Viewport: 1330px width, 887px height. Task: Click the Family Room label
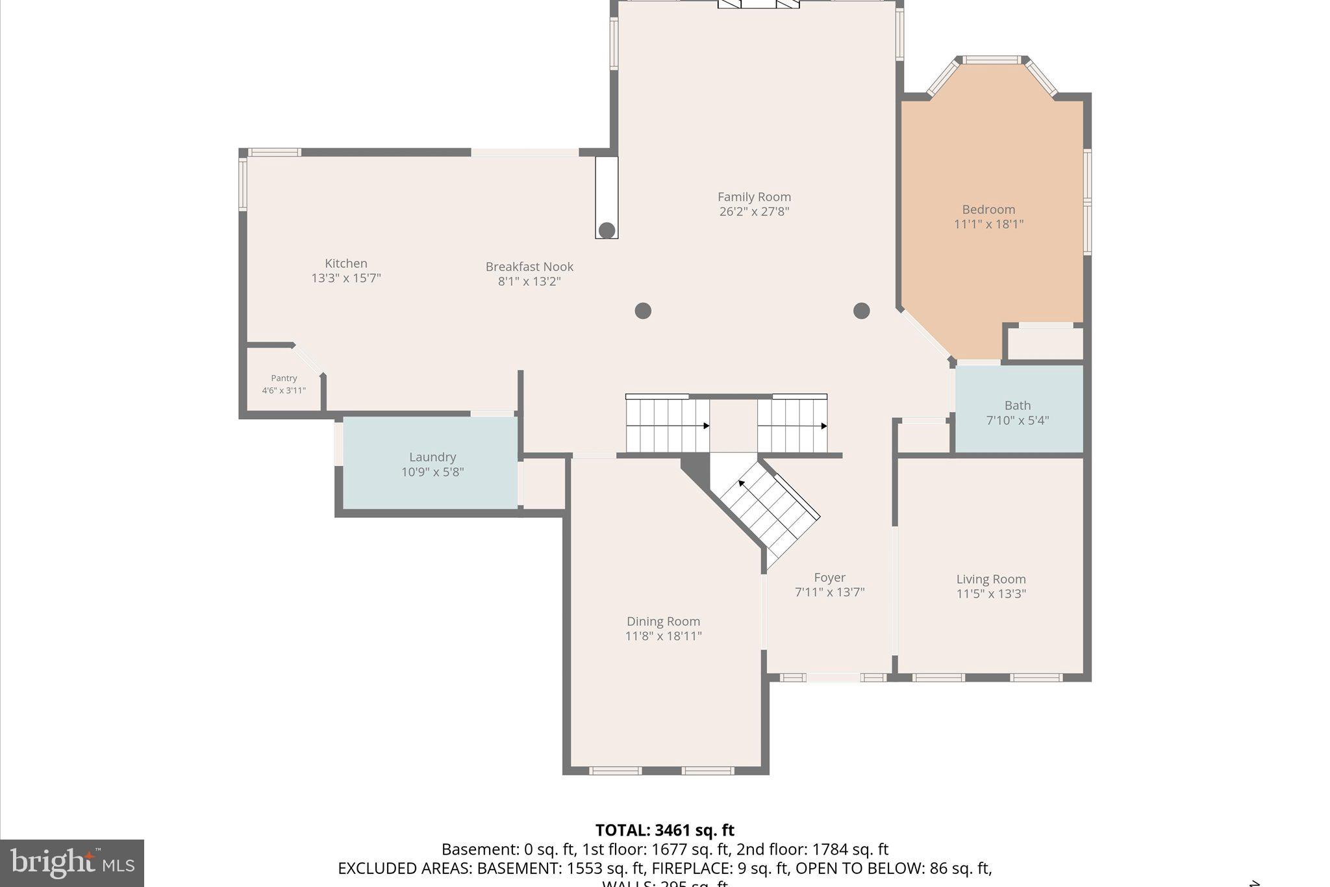(x=754, y=197)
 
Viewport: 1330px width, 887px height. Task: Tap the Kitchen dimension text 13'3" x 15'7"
(x=345, y=278)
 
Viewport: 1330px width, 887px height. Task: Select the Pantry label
(x=284, y=378)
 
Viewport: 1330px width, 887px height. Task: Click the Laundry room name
(x=433, y=457)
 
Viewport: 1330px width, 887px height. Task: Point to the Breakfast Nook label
(x=529, y=266)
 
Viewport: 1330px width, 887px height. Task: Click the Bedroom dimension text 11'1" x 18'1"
(x=988, y=224)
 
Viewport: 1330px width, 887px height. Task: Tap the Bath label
(x=1017, y=405)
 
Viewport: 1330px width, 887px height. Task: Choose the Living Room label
(x=991, y=579)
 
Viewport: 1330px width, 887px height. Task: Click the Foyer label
(x=829, y=577)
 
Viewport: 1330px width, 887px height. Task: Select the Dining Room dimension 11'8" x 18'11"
(x=663, y=636)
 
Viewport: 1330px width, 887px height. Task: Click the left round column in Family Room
(x=643, y=311)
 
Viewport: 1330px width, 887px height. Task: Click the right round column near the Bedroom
(x=861, y=311)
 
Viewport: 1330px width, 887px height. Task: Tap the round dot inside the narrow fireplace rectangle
(x=607, y=230)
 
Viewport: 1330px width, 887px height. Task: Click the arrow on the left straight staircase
(x=705, y=426)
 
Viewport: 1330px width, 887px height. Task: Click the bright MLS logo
(x=72, y=863)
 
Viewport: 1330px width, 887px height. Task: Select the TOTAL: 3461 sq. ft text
(x=664, y=830)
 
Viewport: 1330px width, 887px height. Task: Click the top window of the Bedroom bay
(x=991, y=60)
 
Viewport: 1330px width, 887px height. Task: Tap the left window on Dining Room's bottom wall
(x=615, y=771)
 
